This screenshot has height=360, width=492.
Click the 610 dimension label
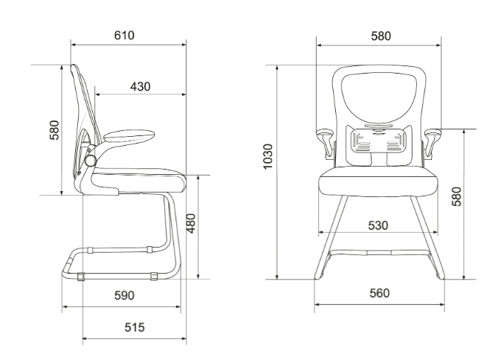[x=124, y=36]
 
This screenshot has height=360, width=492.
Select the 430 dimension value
[x=140, y=86]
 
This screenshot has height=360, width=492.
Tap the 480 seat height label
[x=191, y=223]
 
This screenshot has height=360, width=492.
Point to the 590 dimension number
[x=124, y=295]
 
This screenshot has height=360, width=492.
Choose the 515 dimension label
[x=135, y=327]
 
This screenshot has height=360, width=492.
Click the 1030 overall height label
[x=268, y=156]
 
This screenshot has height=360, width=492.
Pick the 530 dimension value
[x=378, y=225]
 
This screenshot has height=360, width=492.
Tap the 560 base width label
[x=380, y=293]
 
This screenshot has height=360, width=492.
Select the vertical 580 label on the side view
[x=54, y=129]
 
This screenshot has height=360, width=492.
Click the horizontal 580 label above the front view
[x=381, y=36]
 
